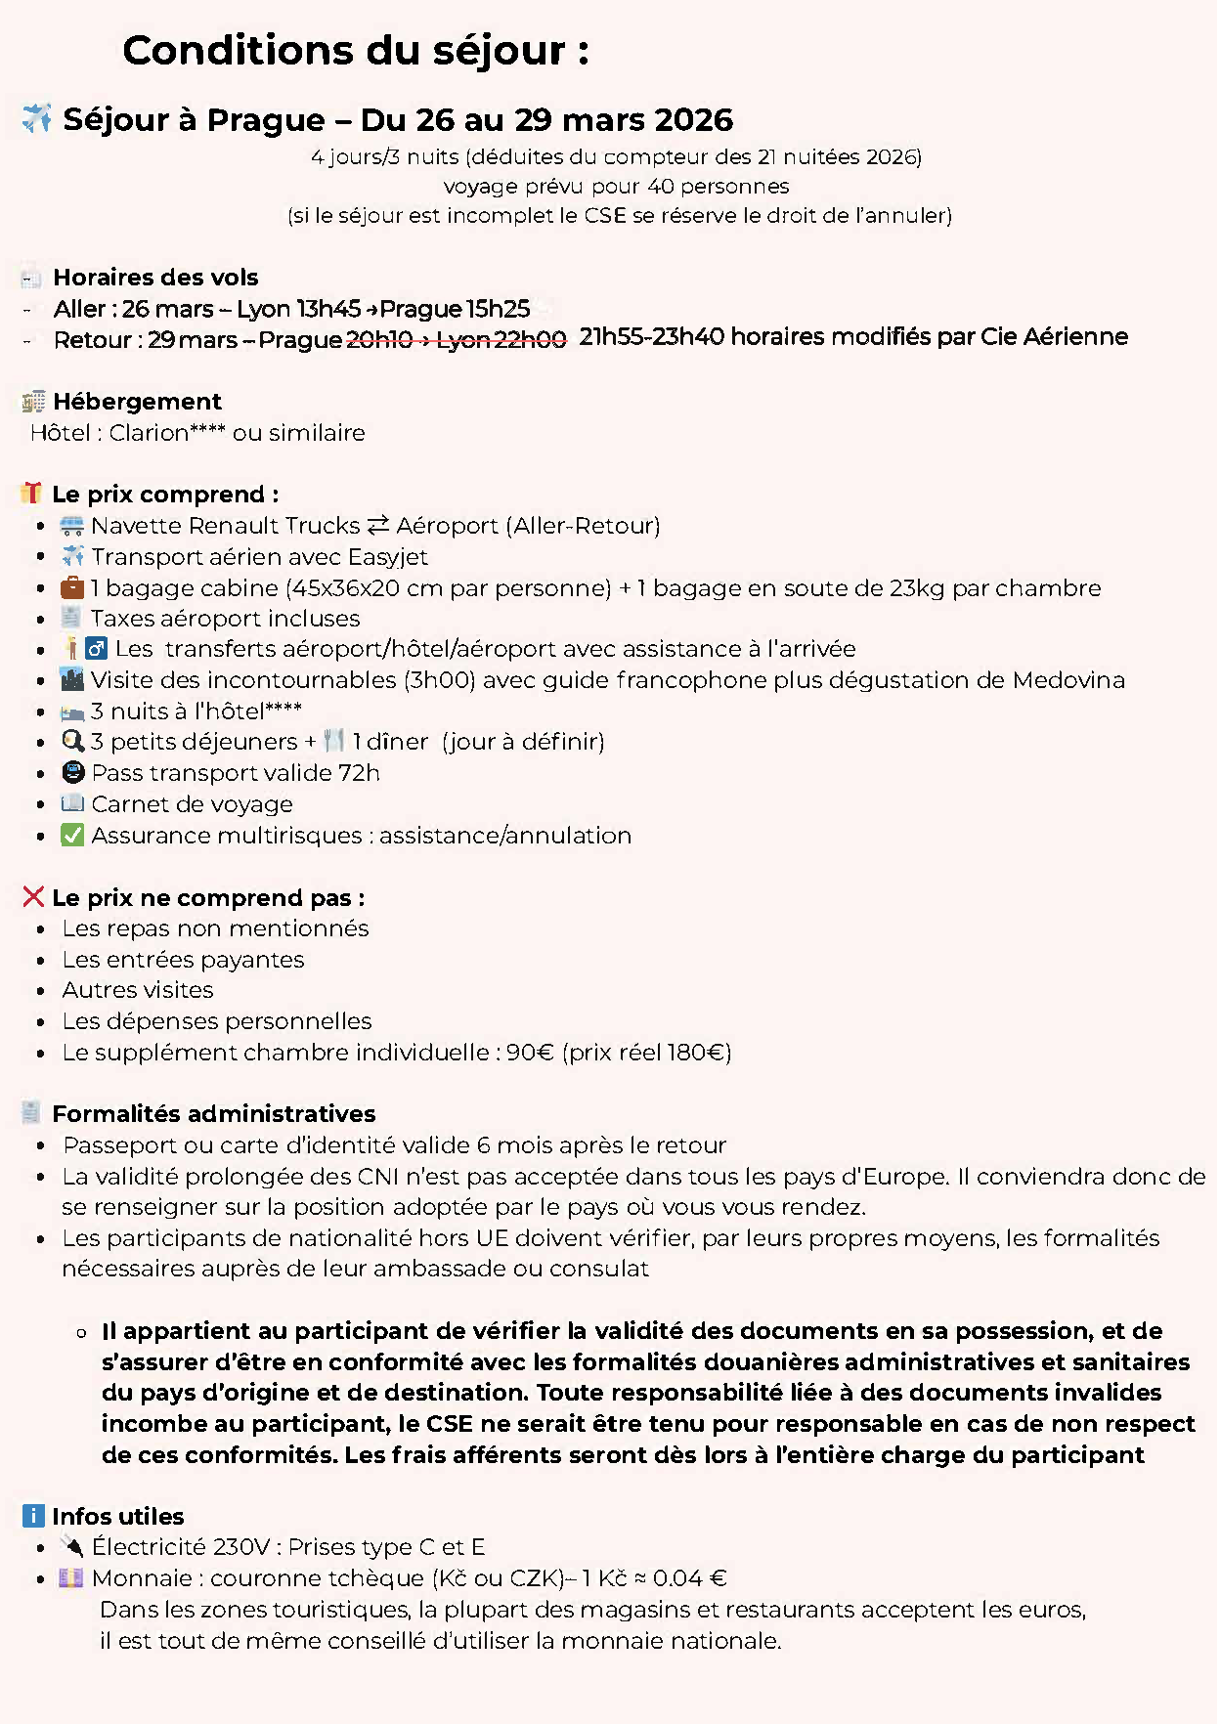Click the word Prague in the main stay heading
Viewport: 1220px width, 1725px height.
pyautogui.click(x=266, y=120)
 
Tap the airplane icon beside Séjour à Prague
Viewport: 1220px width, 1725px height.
pyautogui.click(x=37, y=118)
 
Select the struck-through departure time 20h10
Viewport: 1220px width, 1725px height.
pyautogui.click(x=379, y=340)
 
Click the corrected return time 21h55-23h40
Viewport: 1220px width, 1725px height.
pyautogui.click(x=651, y=337)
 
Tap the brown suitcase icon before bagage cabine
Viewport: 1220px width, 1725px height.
pyautogui.click(x=72, y=587)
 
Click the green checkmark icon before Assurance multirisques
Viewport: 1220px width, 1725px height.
pyautogui.click(x=72, y=836)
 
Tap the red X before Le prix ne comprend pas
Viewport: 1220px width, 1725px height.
pyautogui.click(x=33, y=897)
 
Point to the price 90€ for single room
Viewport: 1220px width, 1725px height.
pyautogui.click(x=530, y=1053)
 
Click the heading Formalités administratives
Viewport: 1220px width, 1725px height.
pyautogui.click(x=213, y=1114)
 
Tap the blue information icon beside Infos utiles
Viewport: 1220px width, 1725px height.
pyautogui.click(x=33, y=1516)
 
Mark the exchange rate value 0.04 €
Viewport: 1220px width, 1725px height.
pyautogui.click(x=690, y=1578)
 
